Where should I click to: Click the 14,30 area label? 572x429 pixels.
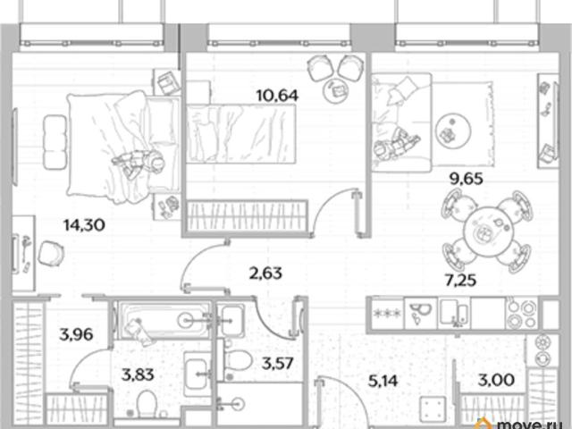(84, 224)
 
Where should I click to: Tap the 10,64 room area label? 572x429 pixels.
(277, 96)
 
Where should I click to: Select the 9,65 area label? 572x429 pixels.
(467, 179)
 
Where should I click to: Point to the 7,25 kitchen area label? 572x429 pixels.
(461, 280)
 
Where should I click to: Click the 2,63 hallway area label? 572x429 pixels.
(265, 273)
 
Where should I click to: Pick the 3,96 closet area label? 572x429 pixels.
(76, 334)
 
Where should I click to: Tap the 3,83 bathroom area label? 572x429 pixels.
(138, 374)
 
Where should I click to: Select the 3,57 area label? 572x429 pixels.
(278, 363)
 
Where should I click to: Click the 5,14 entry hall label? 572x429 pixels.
(383, 381)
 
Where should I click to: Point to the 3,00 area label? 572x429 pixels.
(496, 380)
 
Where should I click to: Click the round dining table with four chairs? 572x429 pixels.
(487, 231)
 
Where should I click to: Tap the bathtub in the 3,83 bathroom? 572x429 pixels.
(163, 320)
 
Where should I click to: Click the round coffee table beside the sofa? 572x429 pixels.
(454, 131)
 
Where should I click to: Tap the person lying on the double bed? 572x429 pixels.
(139, 163)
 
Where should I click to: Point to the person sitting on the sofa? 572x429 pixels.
(396, 144)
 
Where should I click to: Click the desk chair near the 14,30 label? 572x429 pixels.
(50, 253)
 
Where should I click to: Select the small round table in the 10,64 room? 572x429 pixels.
(337, 89)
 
